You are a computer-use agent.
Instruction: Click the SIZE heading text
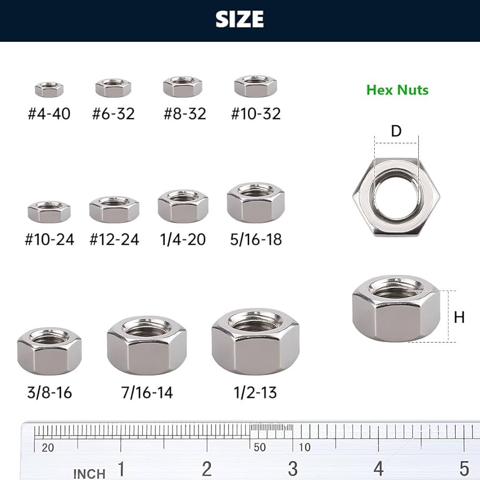coord(239,19)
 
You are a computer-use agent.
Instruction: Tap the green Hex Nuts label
coord(397,90)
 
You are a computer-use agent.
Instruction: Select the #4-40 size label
coord(49,114)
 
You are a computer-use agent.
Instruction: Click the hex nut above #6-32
coord(113,88)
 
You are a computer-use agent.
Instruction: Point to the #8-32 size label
coord(184,114)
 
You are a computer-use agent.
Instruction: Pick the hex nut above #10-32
coord(256,86)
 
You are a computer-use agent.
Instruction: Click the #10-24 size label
coord(49,239)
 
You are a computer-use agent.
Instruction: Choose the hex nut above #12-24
coord(114,209)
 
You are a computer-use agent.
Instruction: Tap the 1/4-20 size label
coord(183,239)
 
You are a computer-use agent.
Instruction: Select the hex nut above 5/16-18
coord(256,202)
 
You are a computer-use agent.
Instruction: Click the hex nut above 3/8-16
coord(49,352)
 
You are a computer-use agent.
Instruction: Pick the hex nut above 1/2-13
coord(255,343)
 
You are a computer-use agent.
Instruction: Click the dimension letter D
coord(396,131)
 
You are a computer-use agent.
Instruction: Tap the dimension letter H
coord(459,317)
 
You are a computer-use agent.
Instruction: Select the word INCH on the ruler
coord(89,474)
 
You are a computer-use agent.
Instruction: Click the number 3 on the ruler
coord(293,468)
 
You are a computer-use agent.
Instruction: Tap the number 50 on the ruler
coord(260,447)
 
